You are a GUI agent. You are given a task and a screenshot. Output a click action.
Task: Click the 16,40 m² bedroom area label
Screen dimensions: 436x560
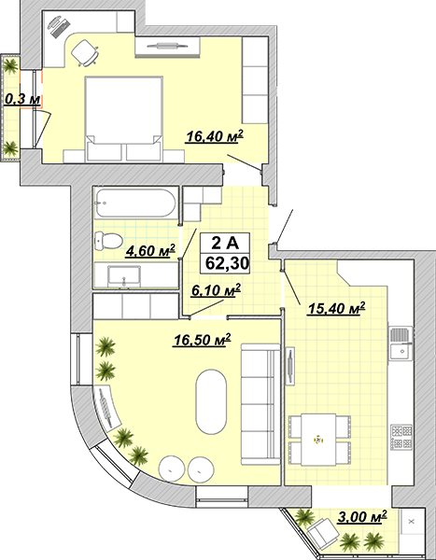tap(214, 136)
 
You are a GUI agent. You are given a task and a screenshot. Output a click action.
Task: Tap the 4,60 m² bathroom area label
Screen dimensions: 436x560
tap(150, 250)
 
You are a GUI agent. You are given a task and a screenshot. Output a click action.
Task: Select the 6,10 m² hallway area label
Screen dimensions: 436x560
tap(216, 290)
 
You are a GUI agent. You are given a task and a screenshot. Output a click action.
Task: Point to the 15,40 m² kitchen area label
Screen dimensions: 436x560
tap(336, 308)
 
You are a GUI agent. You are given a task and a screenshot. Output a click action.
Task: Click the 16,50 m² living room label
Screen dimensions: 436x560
tap(202, 340)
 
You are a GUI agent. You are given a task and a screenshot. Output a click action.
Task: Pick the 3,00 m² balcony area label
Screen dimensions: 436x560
tap(362, 516)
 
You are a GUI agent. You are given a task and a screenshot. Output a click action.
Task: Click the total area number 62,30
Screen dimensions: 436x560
tap(227, 263)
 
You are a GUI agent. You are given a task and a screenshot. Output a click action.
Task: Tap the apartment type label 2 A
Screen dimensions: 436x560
tap(225, 244)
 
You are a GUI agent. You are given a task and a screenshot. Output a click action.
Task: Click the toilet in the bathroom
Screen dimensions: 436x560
tap(108, 241)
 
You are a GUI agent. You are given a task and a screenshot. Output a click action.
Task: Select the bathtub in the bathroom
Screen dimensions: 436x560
tap(135, 203)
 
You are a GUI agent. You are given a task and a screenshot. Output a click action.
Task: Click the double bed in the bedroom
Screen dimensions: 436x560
tap(124, 119)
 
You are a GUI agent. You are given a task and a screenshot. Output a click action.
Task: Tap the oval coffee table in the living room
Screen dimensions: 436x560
tap(211, 401)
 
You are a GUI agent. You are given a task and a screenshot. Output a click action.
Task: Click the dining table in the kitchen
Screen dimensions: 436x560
tap(318, 440)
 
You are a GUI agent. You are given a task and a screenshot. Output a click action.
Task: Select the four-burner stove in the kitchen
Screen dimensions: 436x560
tap(401, 437)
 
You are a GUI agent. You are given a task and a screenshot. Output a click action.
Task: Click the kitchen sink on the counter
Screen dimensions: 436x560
tap(401, 343)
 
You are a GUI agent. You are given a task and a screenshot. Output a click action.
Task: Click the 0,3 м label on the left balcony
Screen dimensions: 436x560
tap(22, 99)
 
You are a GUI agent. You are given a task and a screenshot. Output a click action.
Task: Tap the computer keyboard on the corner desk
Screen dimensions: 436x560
tap(61, 27)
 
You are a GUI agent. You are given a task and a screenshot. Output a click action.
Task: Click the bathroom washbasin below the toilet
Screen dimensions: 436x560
tap(124, 276)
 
